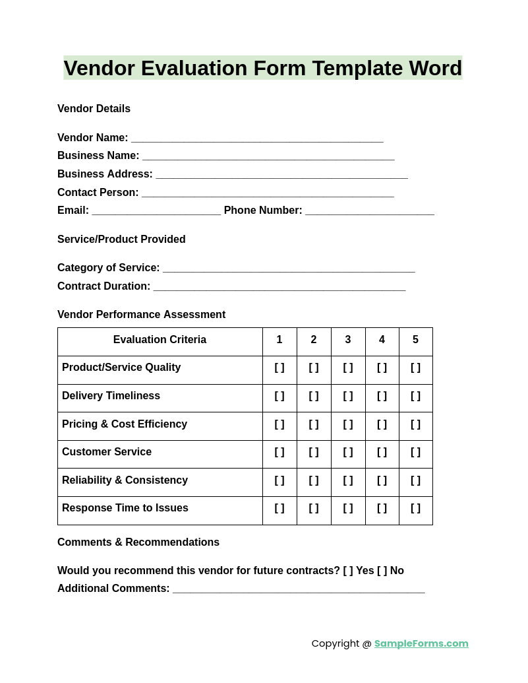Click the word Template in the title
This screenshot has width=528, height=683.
pyautogui.click(x=357, y=69)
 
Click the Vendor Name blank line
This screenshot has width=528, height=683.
pyautogui.click(x=257, y=139)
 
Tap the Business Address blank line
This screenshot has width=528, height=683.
pyautogui.click(x=281, y=175)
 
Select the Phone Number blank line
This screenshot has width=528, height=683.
pyautogui.click(x=369, y=211)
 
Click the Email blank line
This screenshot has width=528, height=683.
pyautogui.click(x=156, y=211)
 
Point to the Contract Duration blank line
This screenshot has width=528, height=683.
pyautogui.click(x=279, y=287)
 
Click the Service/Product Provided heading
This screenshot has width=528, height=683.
pyautogui.click(x=121, y=240)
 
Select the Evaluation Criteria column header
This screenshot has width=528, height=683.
pyautogui.click(x=160, y=340)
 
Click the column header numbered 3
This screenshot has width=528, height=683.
pyautogui.click(x=348, y=340)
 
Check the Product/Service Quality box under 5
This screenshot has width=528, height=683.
pyautogui.click(x=415, y=368)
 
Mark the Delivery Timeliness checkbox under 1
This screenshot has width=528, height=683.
pyautogui.click(x=279, y=397)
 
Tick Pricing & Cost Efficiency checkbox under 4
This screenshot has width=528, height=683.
pyautogui.click(x=382, y=425)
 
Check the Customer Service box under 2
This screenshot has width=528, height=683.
pyautogui.click(x=314, y=453)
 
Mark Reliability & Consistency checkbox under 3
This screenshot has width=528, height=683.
pyautogui.click(x=348, y=481)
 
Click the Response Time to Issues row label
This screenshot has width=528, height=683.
pyautogui.click(x=125, y=508)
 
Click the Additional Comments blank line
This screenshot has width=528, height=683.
pyautogui.click(x=299, y=589)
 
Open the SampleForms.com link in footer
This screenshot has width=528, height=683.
pyautogui.click(x=421, y=643)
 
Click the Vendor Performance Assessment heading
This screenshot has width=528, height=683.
pyautogui.click(x=141, y=315)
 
